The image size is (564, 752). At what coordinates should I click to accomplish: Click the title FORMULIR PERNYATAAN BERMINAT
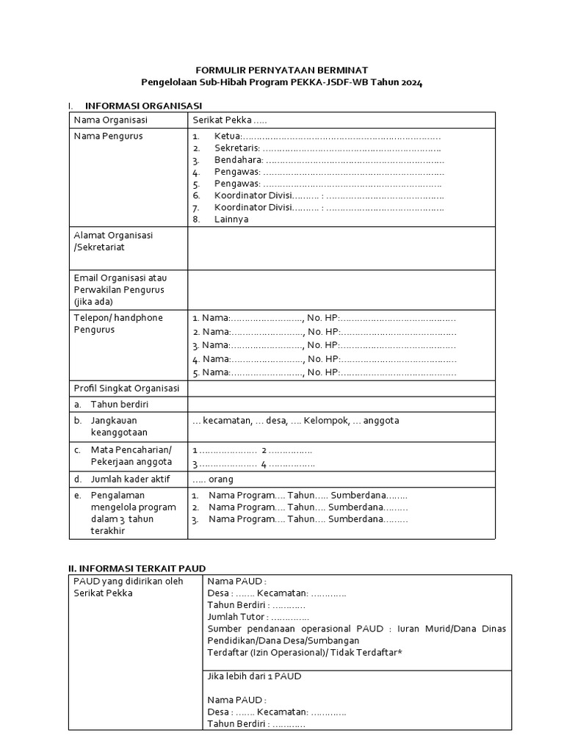[282, 70]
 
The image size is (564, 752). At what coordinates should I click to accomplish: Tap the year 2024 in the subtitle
[411, 82]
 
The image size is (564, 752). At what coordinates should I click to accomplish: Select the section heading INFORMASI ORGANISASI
[143, 106]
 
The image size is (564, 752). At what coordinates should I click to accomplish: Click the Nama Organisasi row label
[110, 120]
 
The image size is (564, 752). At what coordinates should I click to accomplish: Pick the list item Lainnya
[231, 219]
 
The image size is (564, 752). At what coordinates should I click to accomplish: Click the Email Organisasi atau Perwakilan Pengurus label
[119, 289]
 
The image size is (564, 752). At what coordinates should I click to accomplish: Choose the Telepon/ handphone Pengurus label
[118, 324]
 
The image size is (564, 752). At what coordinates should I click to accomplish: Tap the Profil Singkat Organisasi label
[126, 388]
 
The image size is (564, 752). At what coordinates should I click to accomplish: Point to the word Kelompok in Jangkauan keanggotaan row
[325, 421]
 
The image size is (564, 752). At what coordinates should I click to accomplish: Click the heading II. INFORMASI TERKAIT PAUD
[137, 568]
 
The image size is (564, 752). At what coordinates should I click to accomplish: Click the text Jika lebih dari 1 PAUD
[254, 676]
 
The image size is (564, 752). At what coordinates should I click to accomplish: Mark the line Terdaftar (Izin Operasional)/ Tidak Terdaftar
[305, 653]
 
